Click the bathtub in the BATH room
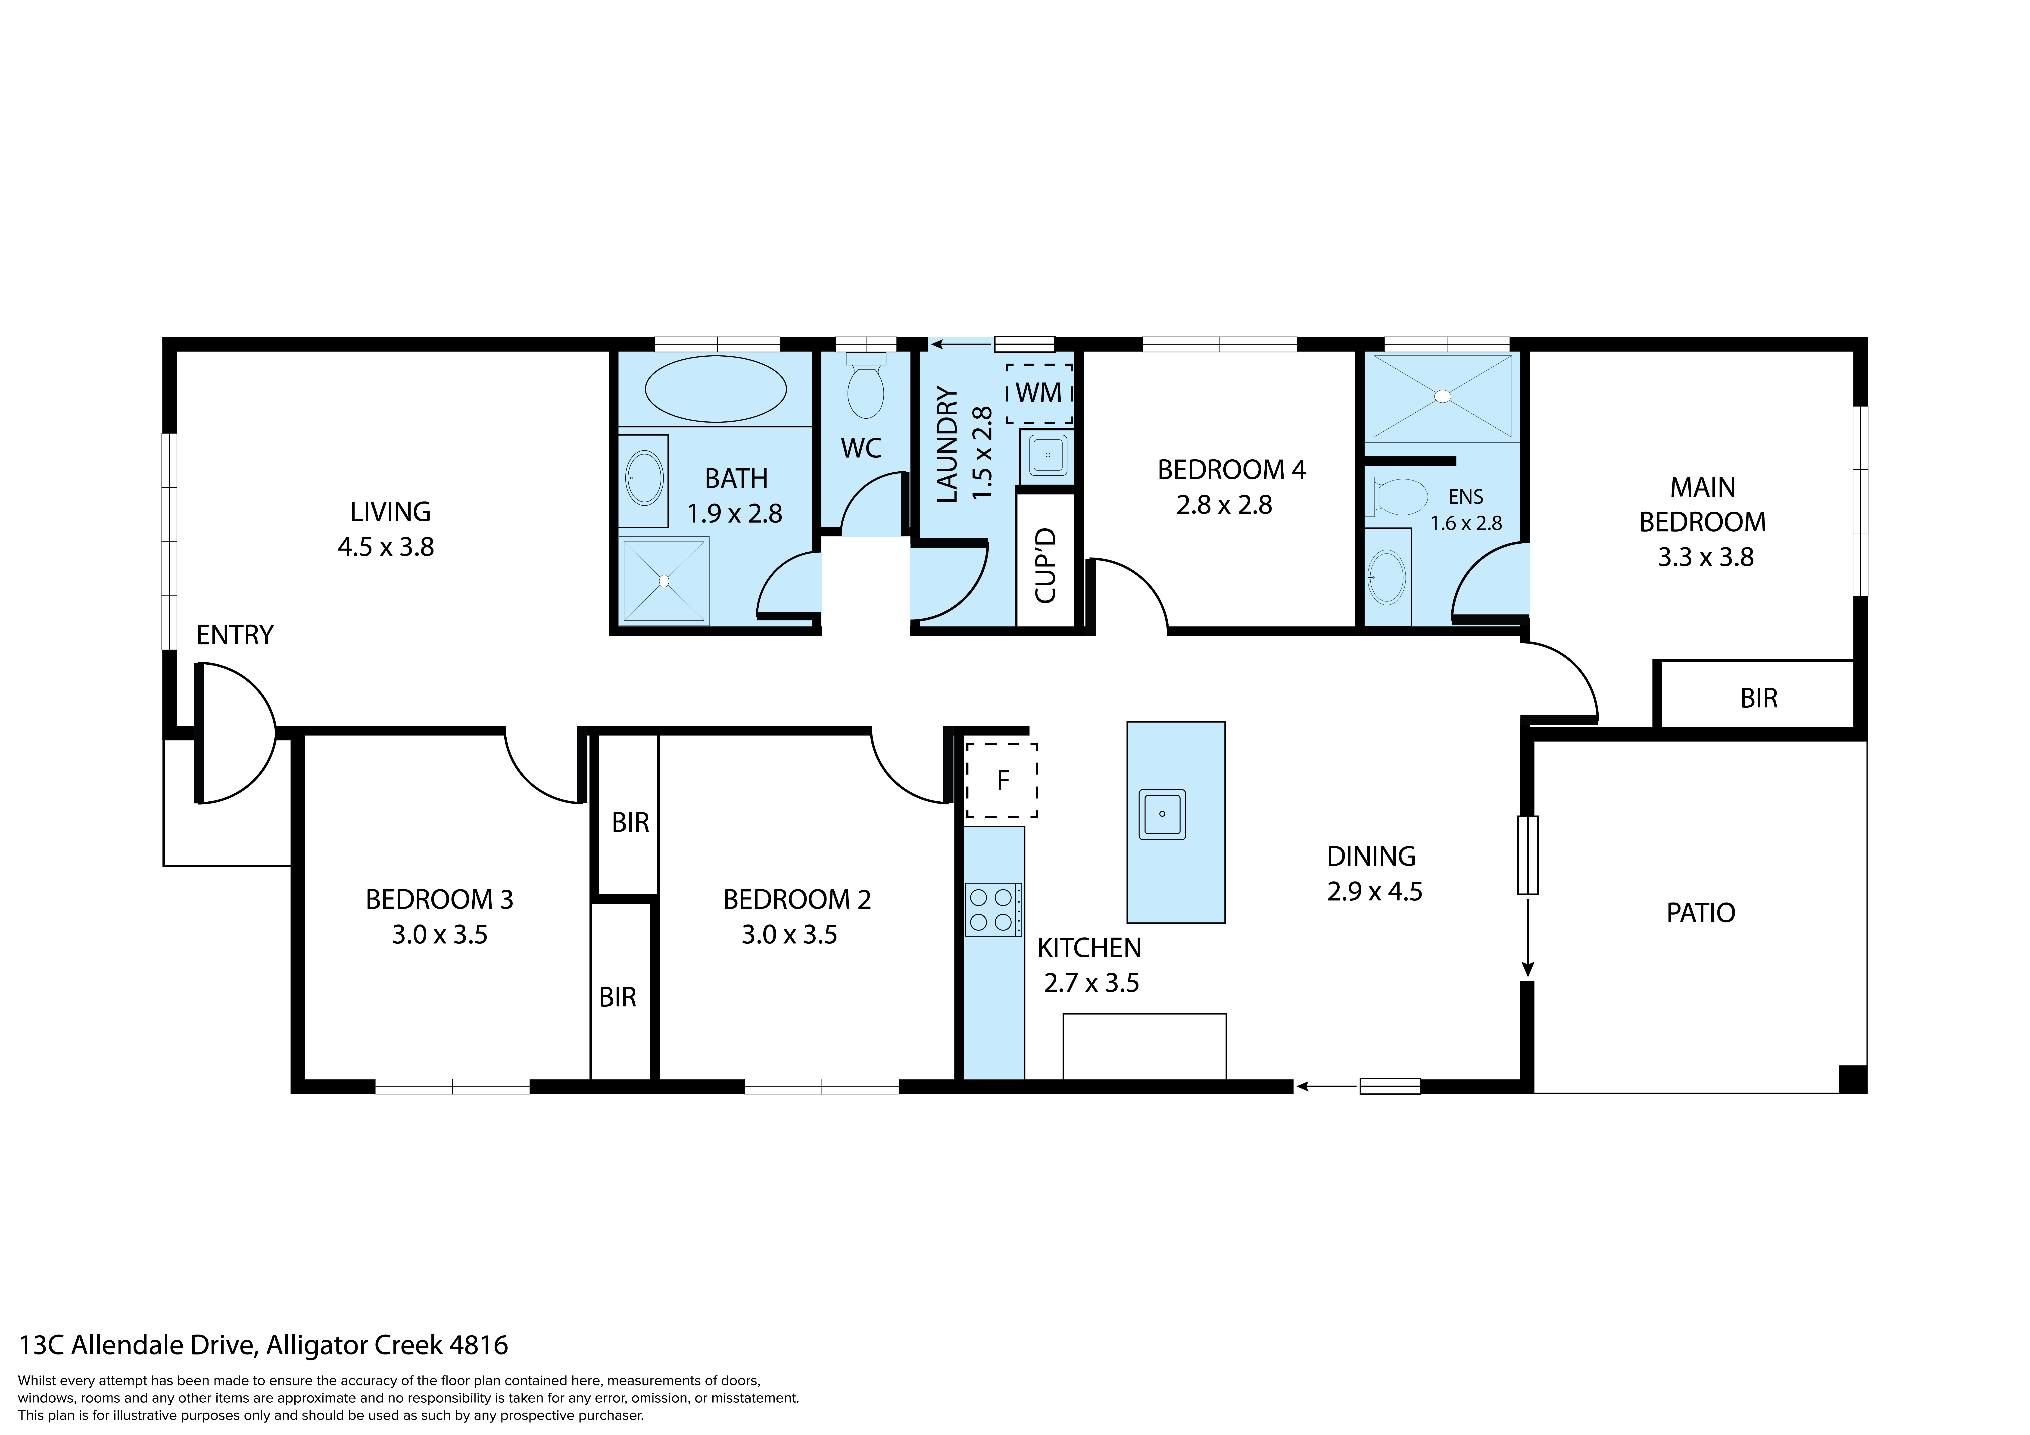coord(715,389)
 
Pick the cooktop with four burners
coord(992,910)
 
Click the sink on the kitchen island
coord(1162,813)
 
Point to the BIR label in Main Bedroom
coord(1758,698)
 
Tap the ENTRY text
coord(234,635)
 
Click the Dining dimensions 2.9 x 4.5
coord(1374,891)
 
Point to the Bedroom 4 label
coord(1231,470)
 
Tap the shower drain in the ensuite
coord(1442,396)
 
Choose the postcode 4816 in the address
coord(478,1345)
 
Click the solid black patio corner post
coord(1852,1079)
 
